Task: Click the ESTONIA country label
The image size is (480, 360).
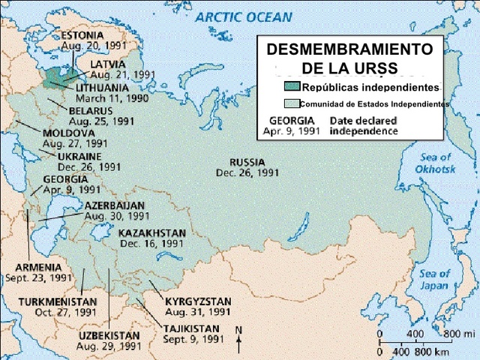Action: [x=82, y=35]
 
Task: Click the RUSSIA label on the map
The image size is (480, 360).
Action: [x=247, y=162]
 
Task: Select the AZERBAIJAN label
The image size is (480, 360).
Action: [x=114, y=205]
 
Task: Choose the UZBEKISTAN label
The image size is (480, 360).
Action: [x=109, y=336]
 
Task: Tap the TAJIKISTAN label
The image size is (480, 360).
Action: [x=191, y=328]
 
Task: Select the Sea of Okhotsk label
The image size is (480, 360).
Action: [x=435, y=163]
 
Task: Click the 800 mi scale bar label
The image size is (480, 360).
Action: [x=459, y=333]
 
